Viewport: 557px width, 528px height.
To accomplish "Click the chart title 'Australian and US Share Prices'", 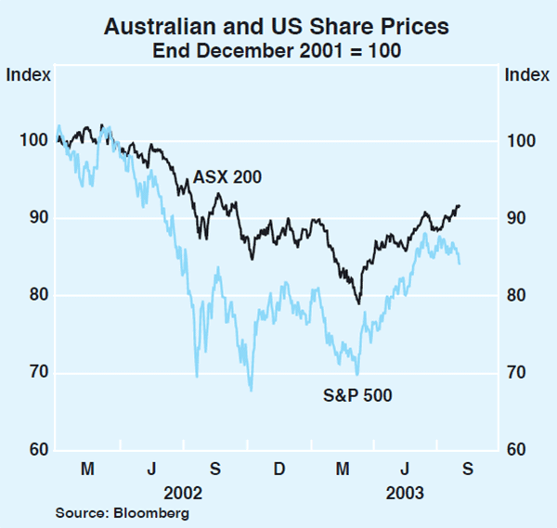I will (x=278, y=27).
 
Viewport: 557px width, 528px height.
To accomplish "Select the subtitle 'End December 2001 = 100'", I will (x=278, y=51).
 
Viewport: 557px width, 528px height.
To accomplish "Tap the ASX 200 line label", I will (x=227, y=176).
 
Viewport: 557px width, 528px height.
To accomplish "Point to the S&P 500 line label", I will (x=357, y=396).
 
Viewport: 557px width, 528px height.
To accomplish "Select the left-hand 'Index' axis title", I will (x=24, y=74).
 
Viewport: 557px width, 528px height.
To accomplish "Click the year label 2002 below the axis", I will (x=183, y=491).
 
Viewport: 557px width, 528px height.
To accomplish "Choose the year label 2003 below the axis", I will (x=404, y=491).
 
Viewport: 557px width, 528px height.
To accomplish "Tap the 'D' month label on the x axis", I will (x=278, y=470).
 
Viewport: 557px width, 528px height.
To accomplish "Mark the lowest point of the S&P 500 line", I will (x=251, y=391).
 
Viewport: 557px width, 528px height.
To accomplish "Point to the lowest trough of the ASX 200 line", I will (x=358, y=303).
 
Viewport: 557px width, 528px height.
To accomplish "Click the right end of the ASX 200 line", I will (x=460, y=205).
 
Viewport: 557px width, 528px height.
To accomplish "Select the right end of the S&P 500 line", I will (x=460, y=264).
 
